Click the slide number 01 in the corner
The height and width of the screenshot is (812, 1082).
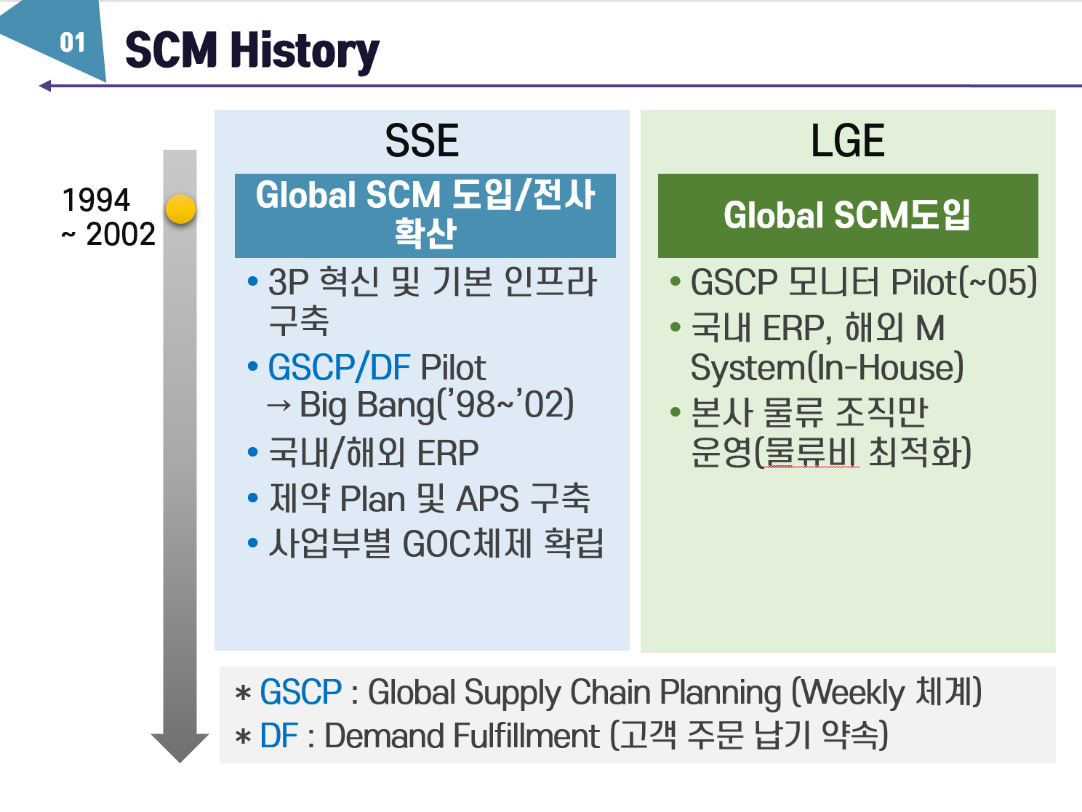point(72,43)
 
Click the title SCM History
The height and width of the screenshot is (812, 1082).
point(252,51)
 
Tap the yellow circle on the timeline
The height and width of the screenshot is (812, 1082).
point(180,209)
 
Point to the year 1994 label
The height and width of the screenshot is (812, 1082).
point(96,200)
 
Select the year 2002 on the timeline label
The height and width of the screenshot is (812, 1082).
point(120,235)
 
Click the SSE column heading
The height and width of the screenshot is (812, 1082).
point(422,141)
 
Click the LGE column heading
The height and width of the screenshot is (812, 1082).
point(847,141)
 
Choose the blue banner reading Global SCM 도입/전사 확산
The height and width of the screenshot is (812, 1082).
point(425,215)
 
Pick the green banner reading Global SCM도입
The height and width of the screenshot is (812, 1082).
point(847,216)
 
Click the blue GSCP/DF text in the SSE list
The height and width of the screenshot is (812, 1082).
point(339,368)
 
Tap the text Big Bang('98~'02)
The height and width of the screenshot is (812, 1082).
point(436,406)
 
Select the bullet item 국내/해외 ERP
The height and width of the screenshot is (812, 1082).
point(373,453)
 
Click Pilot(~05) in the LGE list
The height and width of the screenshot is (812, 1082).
point(963,283)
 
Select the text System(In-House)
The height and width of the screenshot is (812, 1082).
point(827,368)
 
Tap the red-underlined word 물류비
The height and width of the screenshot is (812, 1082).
point(812,453)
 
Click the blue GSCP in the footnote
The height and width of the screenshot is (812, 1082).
point(300,692)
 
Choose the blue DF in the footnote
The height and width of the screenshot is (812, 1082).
point(278,736)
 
